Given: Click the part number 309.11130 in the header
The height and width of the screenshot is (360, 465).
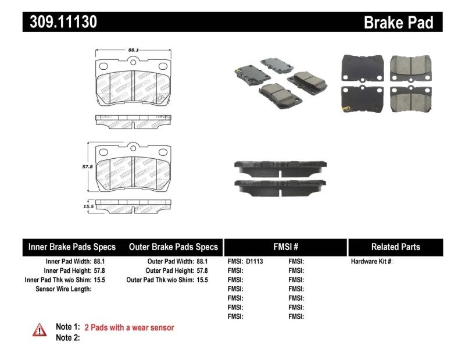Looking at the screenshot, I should pos(60,22).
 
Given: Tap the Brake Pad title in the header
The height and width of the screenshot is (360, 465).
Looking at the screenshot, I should pos(399,23).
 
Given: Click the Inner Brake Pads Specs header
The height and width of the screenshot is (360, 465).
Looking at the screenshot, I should pos(72,247).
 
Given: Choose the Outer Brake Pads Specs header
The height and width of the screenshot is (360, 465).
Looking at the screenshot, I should pos(173,247).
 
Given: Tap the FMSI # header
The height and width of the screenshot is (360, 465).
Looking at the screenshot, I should pos(285,247).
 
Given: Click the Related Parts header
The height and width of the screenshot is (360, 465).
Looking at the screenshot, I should pos(395,247).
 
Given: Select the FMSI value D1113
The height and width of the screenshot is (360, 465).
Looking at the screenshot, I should pos(255,262).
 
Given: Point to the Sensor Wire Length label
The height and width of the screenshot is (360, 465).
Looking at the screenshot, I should pos(63,289).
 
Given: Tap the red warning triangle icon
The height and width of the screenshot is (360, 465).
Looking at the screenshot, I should pos(39,330).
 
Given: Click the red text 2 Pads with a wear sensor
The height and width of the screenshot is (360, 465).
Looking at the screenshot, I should pos(129,328).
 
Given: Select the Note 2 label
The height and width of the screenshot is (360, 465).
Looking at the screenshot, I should pos(67,337).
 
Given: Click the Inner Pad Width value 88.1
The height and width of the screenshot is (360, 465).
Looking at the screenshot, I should pos(102,262).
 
